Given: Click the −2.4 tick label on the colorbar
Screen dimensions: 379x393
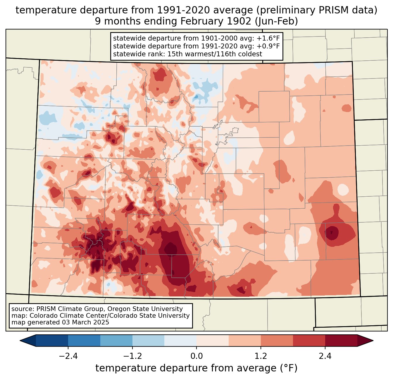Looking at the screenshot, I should [68, 356].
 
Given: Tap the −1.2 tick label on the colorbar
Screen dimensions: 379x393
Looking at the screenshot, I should [132, 356].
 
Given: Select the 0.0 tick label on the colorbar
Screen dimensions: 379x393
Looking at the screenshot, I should [196, 356].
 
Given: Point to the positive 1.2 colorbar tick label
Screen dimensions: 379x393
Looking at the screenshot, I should [261, 356].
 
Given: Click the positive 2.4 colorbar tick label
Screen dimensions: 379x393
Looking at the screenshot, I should [325, 356].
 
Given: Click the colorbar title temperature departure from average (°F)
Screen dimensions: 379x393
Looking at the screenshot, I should [196, 368].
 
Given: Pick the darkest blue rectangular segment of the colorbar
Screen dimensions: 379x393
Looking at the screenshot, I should [52, 340].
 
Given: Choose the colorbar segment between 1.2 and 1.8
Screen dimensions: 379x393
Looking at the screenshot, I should [277, 340].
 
